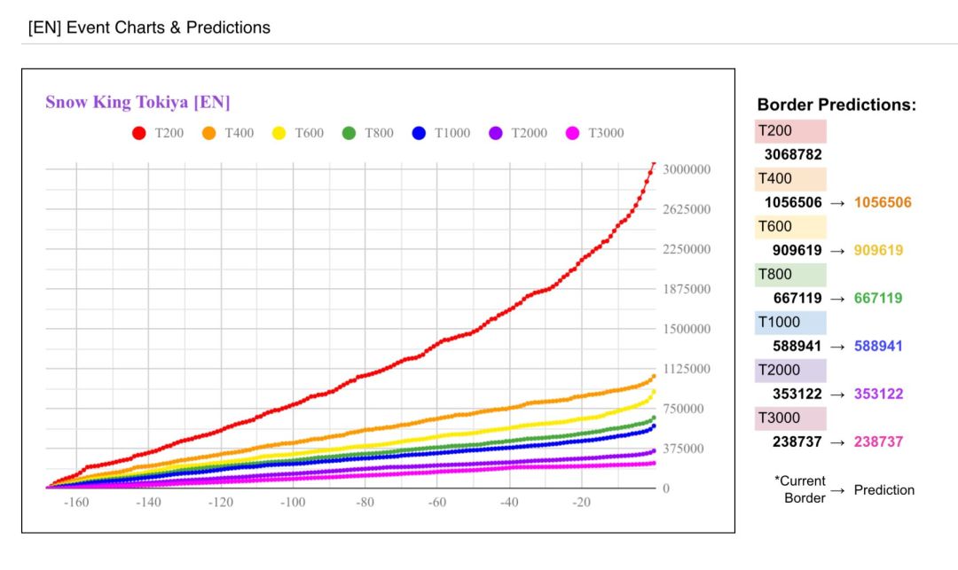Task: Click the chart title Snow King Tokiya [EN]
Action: coord(137,102)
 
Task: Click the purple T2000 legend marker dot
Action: coord(496,133)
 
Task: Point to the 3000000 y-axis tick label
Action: coord(687,169)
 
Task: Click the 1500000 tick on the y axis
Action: coord(687,329)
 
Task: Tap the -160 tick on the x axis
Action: coord(76,503)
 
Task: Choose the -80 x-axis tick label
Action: coord(365,503)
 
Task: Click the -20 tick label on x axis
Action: coord(582,503)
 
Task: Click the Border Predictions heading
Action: coord(836,105)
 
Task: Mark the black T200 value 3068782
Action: coord(793,154)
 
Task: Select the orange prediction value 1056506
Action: coord(883,202)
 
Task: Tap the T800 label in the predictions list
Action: coord(774,274)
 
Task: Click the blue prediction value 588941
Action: coord(878,346)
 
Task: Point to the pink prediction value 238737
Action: coord(878,441)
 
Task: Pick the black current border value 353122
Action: coord(793,394)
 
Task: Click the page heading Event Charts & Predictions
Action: coord(149,27)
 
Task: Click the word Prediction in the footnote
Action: coord(883,489)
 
